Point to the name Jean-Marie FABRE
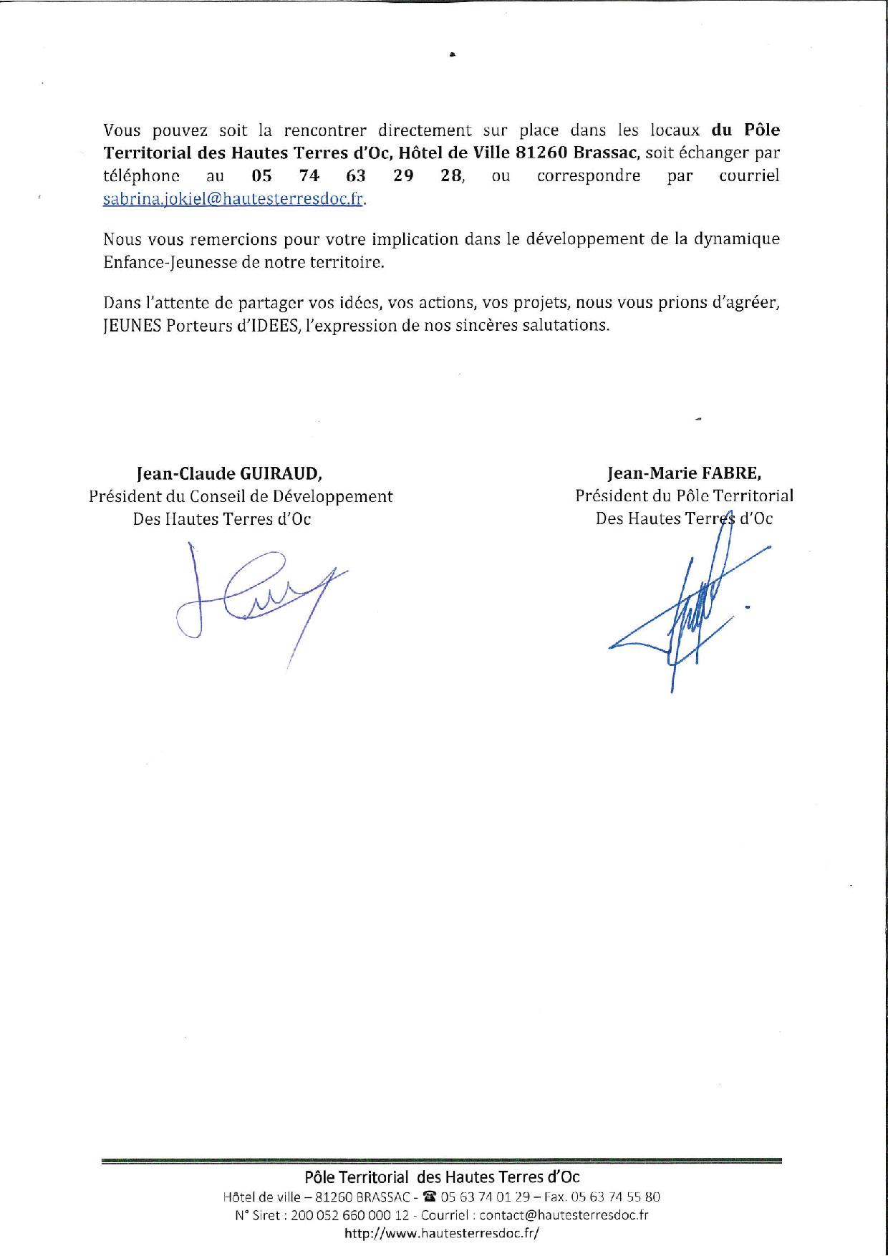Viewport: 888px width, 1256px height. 684,473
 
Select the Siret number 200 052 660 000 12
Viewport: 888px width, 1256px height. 350,1215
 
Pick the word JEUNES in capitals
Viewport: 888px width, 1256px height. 132,325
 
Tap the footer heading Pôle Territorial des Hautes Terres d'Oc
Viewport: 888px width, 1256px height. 442,1177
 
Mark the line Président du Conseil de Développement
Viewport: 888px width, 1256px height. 241,496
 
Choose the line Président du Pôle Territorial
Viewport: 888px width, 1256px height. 684,496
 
